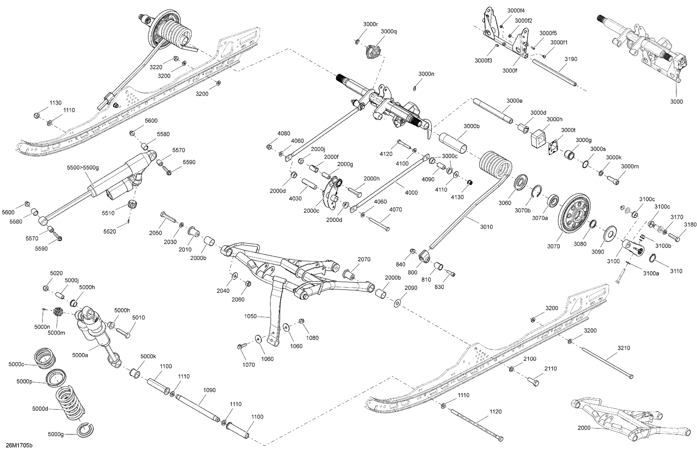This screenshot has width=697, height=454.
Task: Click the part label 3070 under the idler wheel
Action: tap(553, 246)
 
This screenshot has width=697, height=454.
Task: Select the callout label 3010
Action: tap(486, 227)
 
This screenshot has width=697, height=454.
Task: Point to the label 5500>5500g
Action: tap(83, 168)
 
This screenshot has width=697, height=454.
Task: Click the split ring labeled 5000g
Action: tap(85, 430)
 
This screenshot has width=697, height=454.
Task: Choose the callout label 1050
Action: tap(250, 316)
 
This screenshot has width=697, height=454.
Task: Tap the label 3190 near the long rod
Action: tap(571, 59)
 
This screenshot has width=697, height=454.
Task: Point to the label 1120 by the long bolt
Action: tap(496, 412)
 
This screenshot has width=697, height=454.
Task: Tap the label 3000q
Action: tap(389, 32)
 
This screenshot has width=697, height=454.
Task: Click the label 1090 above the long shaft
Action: tap(209, 390)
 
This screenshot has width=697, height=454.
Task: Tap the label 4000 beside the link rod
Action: tap(411, 193)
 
